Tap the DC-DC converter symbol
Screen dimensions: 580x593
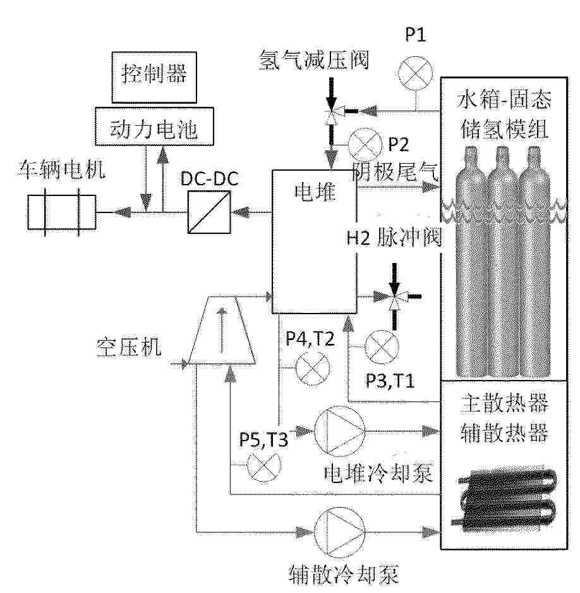209,212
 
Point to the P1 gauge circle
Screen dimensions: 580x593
416,73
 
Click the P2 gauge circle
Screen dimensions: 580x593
365,145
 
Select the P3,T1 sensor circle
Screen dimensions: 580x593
382,348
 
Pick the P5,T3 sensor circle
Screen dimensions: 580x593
264,465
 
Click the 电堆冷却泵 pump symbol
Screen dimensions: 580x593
340,431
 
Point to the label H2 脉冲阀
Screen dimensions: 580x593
394,238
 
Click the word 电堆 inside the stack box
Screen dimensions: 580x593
315,192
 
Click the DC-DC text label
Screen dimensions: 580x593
210,178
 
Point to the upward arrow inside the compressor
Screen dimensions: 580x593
222,330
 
